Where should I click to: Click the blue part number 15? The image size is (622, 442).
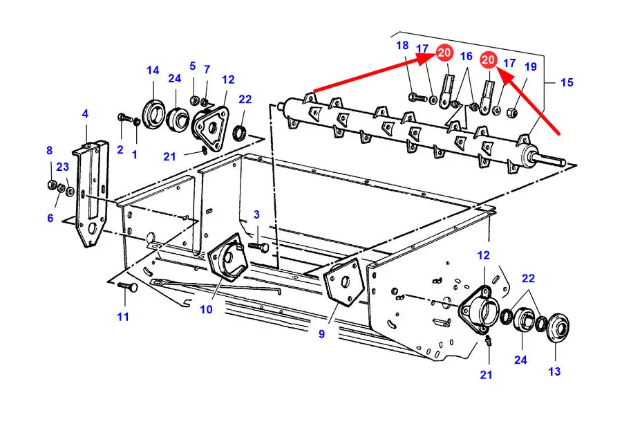coord(567,82)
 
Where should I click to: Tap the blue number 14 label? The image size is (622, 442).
coord(153,71)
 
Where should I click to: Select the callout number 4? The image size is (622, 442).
coord(85,114)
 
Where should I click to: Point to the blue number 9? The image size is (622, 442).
coord(321,334)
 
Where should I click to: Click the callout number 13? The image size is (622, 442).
coord(554,371)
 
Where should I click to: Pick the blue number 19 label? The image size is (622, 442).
coord(530,66)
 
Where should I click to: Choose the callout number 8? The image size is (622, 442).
coord(49,151)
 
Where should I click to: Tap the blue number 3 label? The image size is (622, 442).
coord(256,215)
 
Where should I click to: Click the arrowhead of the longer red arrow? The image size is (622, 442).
coord(431,58)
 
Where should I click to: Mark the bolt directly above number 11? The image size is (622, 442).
coord(127,286)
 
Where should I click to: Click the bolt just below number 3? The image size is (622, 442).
coord(258,247)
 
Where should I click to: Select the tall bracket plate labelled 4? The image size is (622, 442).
coord(91,194)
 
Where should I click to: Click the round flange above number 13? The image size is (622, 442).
coord(558,327)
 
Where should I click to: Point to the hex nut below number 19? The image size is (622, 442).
coord(513,113)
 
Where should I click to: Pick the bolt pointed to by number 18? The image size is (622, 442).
coord(417,97)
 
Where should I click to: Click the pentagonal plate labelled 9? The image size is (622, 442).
coord(344,282)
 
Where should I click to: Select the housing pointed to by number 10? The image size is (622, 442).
coord(228,257)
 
